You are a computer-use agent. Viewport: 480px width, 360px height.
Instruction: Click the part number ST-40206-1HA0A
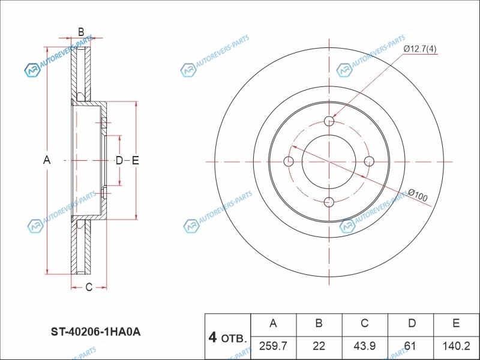[95, 331]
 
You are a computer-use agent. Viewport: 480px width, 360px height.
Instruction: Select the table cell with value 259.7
[274, 346]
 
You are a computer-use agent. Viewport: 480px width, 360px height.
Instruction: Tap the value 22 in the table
[319, 346]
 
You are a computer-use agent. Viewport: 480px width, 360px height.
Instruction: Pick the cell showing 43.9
[364, 346]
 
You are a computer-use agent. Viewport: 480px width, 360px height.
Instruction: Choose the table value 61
[412, 346]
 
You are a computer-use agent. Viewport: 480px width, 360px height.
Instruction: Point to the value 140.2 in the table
[456, 346]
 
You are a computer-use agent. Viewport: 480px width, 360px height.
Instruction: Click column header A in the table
[274, 323]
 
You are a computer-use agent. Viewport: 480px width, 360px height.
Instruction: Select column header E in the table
[456, 323]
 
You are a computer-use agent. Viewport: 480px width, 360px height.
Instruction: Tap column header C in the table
[364, 323]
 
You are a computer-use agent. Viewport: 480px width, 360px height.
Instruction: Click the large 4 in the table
[212, 337]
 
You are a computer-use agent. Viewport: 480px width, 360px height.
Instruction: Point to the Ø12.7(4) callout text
[420, 48]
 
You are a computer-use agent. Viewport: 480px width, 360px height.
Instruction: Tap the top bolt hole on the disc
[329, 121]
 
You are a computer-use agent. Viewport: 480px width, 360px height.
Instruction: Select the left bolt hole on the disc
[288, 161]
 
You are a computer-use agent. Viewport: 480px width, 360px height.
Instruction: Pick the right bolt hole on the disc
[370, 161]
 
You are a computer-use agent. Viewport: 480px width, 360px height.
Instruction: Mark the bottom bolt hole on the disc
[329, 202]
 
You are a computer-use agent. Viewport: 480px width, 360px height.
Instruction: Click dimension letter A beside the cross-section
[47, 160]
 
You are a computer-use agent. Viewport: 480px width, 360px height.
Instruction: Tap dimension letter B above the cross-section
[80, 32]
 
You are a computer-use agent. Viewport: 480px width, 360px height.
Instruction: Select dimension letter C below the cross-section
[88, 287]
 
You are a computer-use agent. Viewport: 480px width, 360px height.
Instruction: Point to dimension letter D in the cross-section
[119, 160]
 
